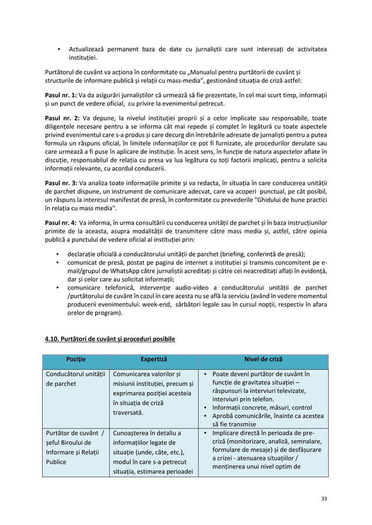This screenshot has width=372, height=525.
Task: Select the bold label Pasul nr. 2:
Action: (x=61, y=117)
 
